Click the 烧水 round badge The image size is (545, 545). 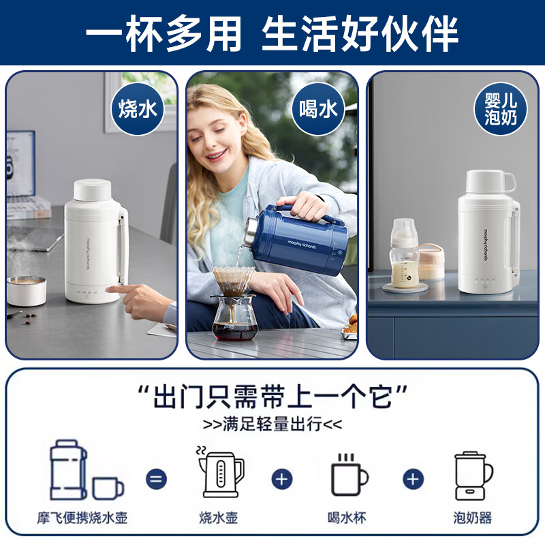tap(138, 109)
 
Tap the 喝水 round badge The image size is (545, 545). tap(319, 109)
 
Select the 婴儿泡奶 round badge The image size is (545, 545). tap(501, 109)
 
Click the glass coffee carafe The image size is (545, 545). tap(234, 317)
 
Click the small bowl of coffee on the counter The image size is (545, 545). tap(27, 290)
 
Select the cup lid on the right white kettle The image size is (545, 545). tap(489, 183)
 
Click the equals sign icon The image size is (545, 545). tap(156, 478)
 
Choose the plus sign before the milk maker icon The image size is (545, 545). tap(413, 478)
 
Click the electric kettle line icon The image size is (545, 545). tap(220, 473)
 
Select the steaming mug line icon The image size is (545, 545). tap(349, 474)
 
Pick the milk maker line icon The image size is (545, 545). tap(473, 474)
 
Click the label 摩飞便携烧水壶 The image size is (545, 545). tap(82, 518)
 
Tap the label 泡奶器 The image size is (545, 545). tap(473, 518)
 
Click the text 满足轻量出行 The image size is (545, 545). tap(272, 424)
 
